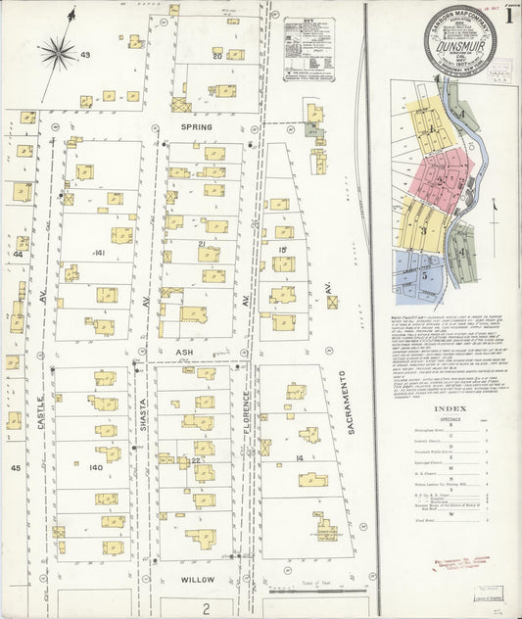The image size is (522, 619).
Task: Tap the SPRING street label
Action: (x=196, y=127)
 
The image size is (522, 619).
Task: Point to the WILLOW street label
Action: (x=197, y=580)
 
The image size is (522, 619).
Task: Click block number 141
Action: (x=99, y=253)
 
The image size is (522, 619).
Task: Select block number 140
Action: (x=96, y=468)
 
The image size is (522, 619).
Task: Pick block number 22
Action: (x=197, y=459)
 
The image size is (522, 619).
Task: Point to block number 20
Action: (x=216, y=56)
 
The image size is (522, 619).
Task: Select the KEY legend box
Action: (x=308, y=48)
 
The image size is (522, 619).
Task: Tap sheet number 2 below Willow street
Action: (x=207, y=608)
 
